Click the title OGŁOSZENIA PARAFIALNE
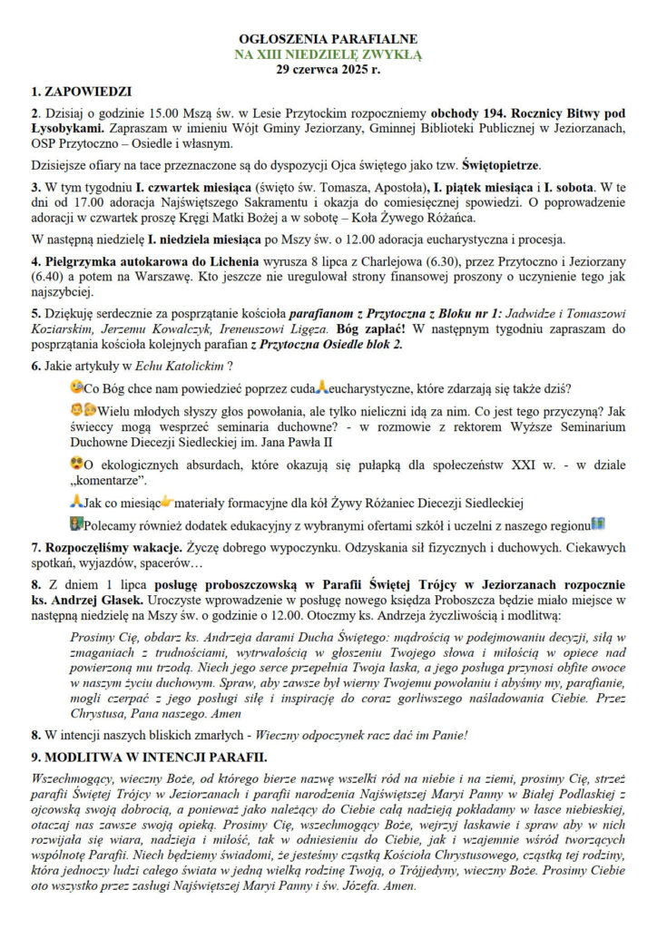(328, 40)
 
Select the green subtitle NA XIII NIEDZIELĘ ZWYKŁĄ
(328, 54)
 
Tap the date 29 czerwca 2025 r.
(328, 69)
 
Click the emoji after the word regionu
(598, 523)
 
